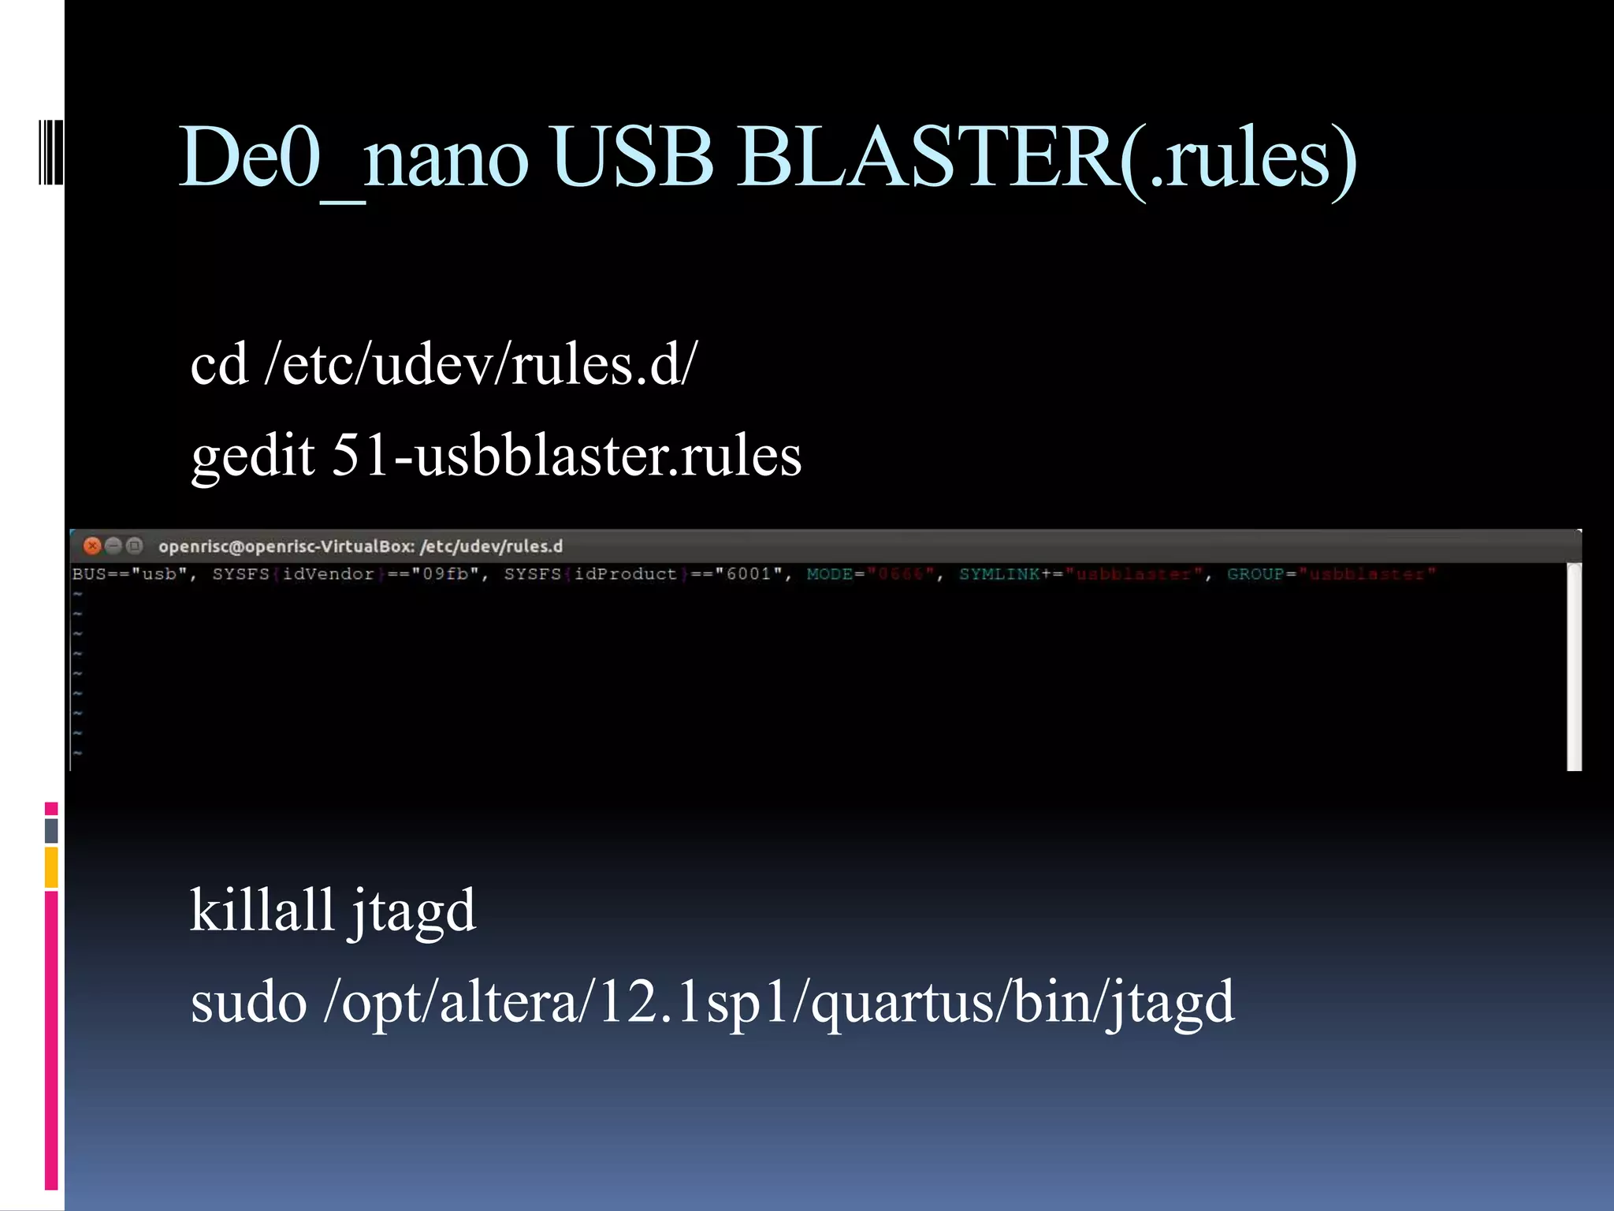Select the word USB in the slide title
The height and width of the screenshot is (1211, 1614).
pos(630,158)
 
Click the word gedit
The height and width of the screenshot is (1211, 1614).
pos(253,456)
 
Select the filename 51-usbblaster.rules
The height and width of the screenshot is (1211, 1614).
pos(567,456)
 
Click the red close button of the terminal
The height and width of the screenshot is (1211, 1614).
pos(92,546)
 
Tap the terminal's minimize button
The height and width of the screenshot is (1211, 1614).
pos(113,546)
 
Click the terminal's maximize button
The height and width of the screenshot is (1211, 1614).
pos(135,546)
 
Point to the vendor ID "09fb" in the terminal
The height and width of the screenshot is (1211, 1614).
pos(445,574)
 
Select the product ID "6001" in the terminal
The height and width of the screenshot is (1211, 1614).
pos(749,574)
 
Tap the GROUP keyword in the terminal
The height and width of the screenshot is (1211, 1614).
pos(1255,574)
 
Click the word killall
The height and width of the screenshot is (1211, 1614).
pos(262,911)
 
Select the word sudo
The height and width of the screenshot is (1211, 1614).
pos(248,1003)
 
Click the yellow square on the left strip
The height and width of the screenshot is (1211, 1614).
pos(51,866)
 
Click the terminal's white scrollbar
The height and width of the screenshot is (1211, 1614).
pos(1574,666)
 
